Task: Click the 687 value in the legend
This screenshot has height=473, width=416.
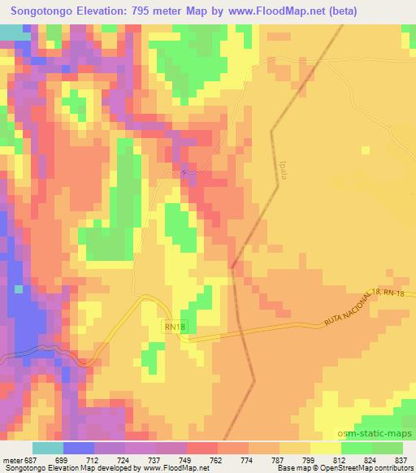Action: [32, 461]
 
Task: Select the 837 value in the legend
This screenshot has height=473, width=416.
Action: [402, 461]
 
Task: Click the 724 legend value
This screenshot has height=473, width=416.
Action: [125, 461]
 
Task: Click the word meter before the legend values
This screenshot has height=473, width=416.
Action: [11, 461]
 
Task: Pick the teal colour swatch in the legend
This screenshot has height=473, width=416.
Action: [47, 448]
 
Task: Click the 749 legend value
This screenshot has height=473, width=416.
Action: [187, 461]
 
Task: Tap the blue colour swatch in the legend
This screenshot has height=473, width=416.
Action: [78, 448]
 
